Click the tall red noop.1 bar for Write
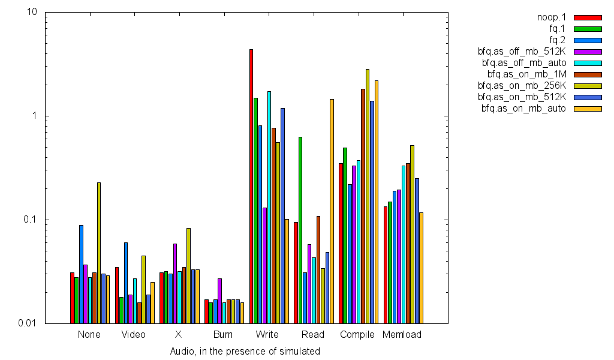tap(251, 186)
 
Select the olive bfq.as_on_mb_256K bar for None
tap(99, 253)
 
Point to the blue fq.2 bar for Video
tap(126, 283)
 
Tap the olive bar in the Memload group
tap(413, 234)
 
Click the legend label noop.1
tap(552, 17)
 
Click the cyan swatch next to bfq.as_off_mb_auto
tap(587, 63)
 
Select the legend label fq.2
tap(557, 40)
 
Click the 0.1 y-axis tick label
tap(31, 220)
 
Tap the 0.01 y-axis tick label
tap(28, 323)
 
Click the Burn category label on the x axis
tap(223, 335)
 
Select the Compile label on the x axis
tap(357, 335)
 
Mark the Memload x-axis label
tap(402, 335)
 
